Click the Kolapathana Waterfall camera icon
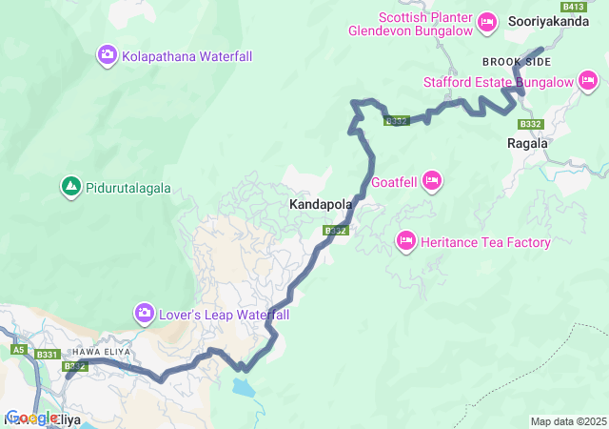coord(108,56)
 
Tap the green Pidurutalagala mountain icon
coord(69,187)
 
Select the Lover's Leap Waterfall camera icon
coord(144,313)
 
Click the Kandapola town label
coord(321,204)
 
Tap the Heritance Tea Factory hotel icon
coord(406,242)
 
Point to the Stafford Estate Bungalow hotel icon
coord(588,82)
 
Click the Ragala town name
coord(527,143)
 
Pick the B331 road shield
coord(47,355)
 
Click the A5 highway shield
coord(17,350)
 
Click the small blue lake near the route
coord(244,387)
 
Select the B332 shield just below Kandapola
coord(335,231)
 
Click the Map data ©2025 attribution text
coord(567,421)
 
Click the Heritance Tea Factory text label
coord(485,242)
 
